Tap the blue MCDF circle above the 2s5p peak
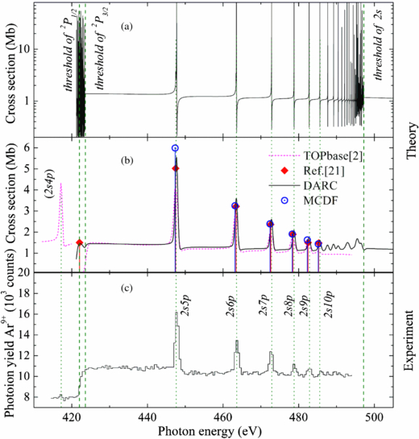[x=175, y=148]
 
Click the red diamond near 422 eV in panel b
[x=79, y=242]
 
